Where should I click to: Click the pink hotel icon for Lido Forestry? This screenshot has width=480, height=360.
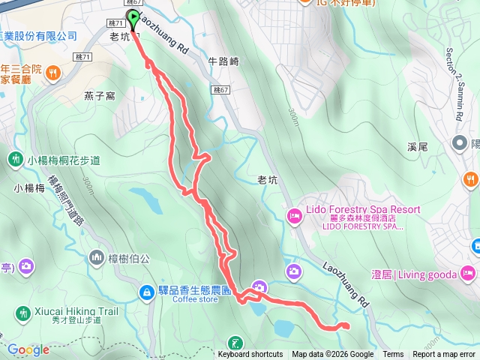(295, 217)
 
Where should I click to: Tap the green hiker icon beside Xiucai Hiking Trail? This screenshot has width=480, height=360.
(22, 312)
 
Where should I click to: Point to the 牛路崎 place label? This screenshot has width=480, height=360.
(223, 62)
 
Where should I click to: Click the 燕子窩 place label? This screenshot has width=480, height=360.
(99, 95)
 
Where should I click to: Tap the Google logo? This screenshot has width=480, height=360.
(28, 349)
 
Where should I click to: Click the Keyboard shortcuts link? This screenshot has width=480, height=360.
(250, 355)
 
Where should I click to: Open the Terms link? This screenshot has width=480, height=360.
(393, 355)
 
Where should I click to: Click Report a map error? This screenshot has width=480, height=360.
(444, 355)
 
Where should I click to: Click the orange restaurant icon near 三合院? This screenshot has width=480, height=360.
(53, 73)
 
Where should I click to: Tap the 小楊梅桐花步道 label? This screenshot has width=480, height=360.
(64, 160)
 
